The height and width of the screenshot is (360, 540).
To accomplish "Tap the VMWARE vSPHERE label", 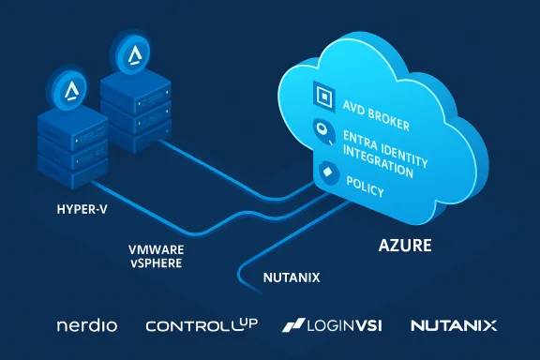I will [156, 257].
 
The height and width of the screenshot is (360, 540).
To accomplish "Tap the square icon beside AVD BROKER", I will [321, 96].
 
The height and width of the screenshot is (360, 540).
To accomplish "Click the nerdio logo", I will [87, 326].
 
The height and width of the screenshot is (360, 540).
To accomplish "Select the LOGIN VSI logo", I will [335, 326].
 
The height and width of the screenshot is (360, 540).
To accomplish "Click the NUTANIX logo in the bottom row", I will [454, 326].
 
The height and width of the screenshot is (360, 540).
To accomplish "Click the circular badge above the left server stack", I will [70, 89].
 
